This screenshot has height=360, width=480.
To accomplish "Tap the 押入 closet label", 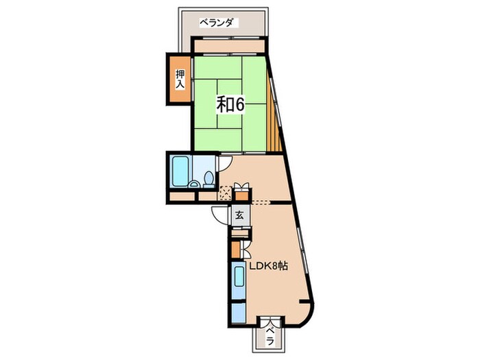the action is click(180, 80).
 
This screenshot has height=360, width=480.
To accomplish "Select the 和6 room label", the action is click(230, 105).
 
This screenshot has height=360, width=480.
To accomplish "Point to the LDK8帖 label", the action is click(269, 266).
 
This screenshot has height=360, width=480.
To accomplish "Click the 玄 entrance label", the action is click(239, 216).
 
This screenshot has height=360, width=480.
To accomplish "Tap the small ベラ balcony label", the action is click(269, 336).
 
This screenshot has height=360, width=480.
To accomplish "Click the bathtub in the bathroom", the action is click(180, 171).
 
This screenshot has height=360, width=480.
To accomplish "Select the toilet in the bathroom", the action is click(209, 179).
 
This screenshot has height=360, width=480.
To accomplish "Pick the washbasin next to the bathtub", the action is click(193, 184).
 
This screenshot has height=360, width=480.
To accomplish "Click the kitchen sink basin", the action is click(239, 276).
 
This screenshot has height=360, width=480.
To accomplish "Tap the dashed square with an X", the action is click(226, 193).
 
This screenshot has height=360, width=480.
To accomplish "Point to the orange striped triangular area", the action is click(273, 118).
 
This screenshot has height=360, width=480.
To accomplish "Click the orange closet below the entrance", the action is click(235, 250).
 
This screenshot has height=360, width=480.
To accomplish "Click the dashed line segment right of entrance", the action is click(261, 202).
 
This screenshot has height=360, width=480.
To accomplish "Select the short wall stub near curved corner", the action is click(304, 302).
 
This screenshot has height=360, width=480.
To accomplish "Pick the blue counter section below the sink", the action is click(239, 313).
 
